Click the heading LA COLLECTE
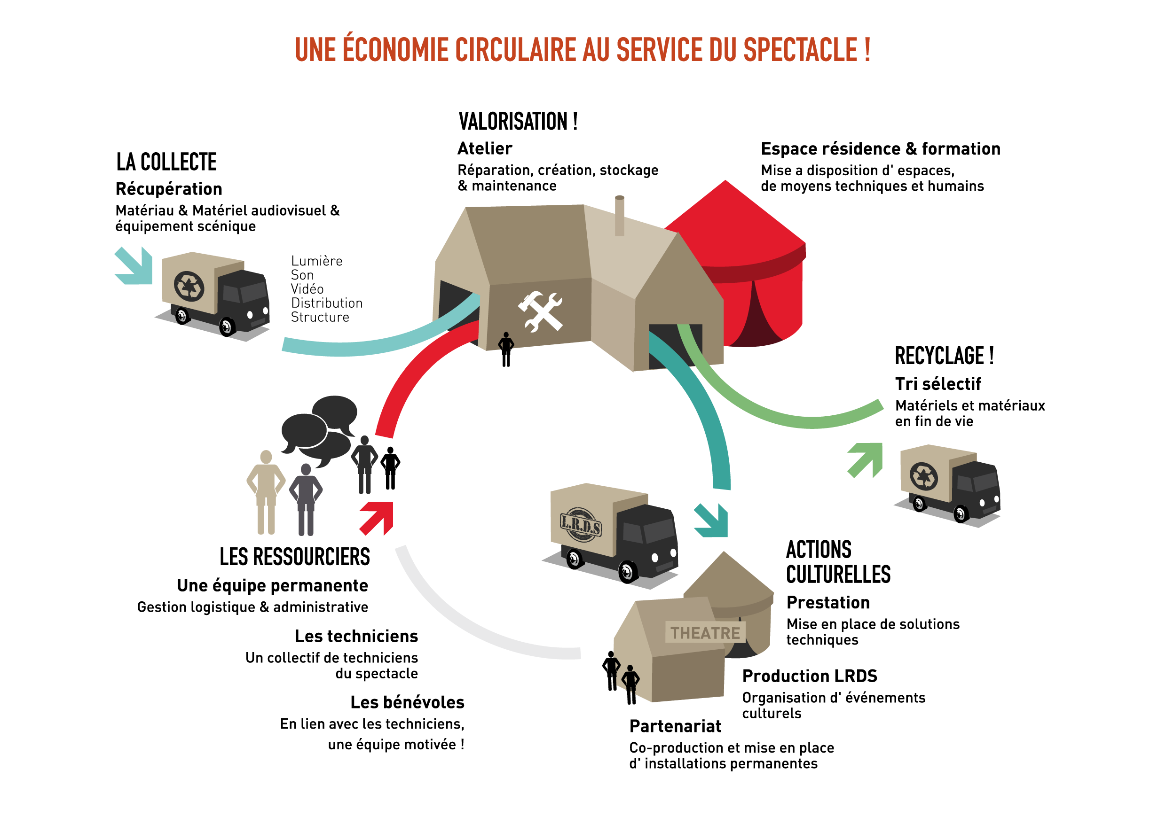coord(166,163)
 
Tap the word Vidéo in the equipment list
coord(307,289)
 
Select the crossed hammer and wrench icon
coord(540,311)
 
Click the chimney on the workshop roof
coord(620,216)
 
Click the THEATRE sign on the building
coord(705,633)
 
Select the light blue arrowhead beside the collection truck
coord(134,266)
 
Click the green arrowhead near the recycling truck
coord(866,460)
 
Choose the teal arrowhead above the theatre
coord(711,520)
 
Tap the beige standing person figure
coord(266,492)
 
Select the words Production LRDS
coord(810,676)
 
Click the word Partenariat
coord(675,726)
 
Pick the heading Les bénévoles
coord(407,702)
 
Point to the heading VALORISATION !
coord(518,122)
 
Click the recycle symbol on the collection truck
coord(189,286)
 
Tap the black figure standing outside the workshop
coord(506,349)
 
